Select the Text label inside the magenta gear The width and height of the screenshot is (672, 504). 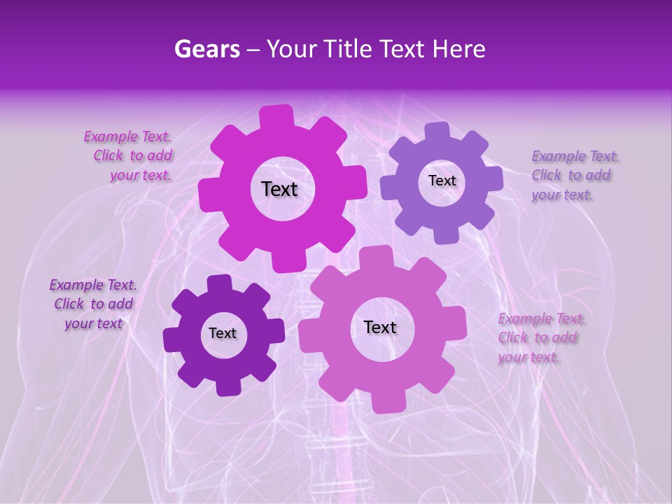[279, 189]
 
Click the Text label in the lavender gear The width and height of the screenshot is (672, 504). [442, 181]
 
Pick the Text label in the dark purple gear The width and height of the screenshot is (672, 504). [223, 334]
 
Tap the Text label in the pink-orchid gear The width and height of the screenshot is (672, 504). [380, 328]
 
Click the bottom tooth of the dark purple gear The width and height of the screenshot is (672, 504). [227, 385]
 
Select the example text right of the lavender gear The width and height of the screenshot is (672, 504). [572, 175]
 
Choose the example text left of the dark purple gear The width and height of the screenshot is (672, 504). [93, 304]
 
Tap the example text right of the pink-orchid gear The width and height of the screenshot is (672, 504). [540, 337]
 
